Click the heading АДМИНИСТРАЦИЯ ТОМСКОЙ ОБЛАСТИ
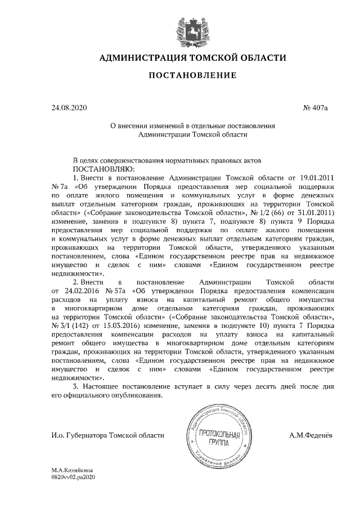coord(193,58)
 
